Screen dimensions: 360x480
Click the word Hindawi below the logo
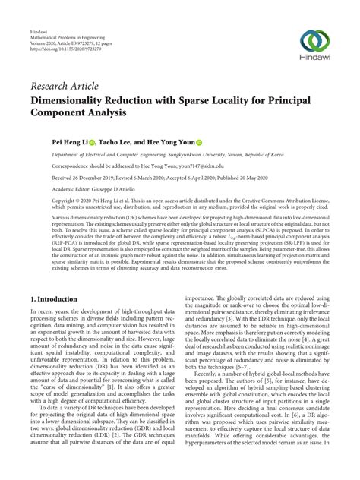click(317, 62)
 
